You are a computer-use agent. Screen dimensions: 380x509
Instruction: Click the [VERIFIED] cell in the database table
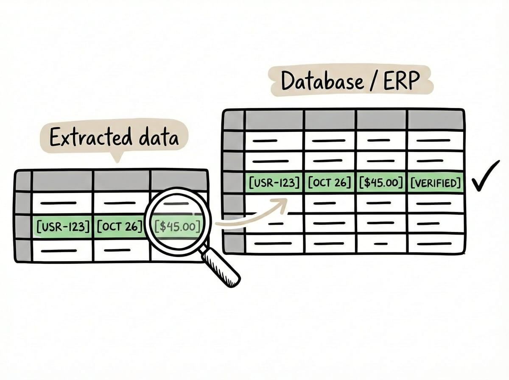[435, 183]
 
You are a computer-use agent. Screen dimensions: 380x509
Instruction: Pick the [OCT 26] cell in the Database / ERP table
[330, 183]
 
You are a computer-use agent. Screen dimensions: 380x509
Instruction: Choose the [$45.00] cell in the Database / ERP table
[381, 183]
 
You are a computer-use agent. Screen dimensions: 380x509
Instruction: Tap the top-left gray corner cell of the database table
[234, 120]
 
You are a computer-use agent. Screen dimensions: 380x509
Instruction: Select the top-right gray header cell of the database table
[435, 120]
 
